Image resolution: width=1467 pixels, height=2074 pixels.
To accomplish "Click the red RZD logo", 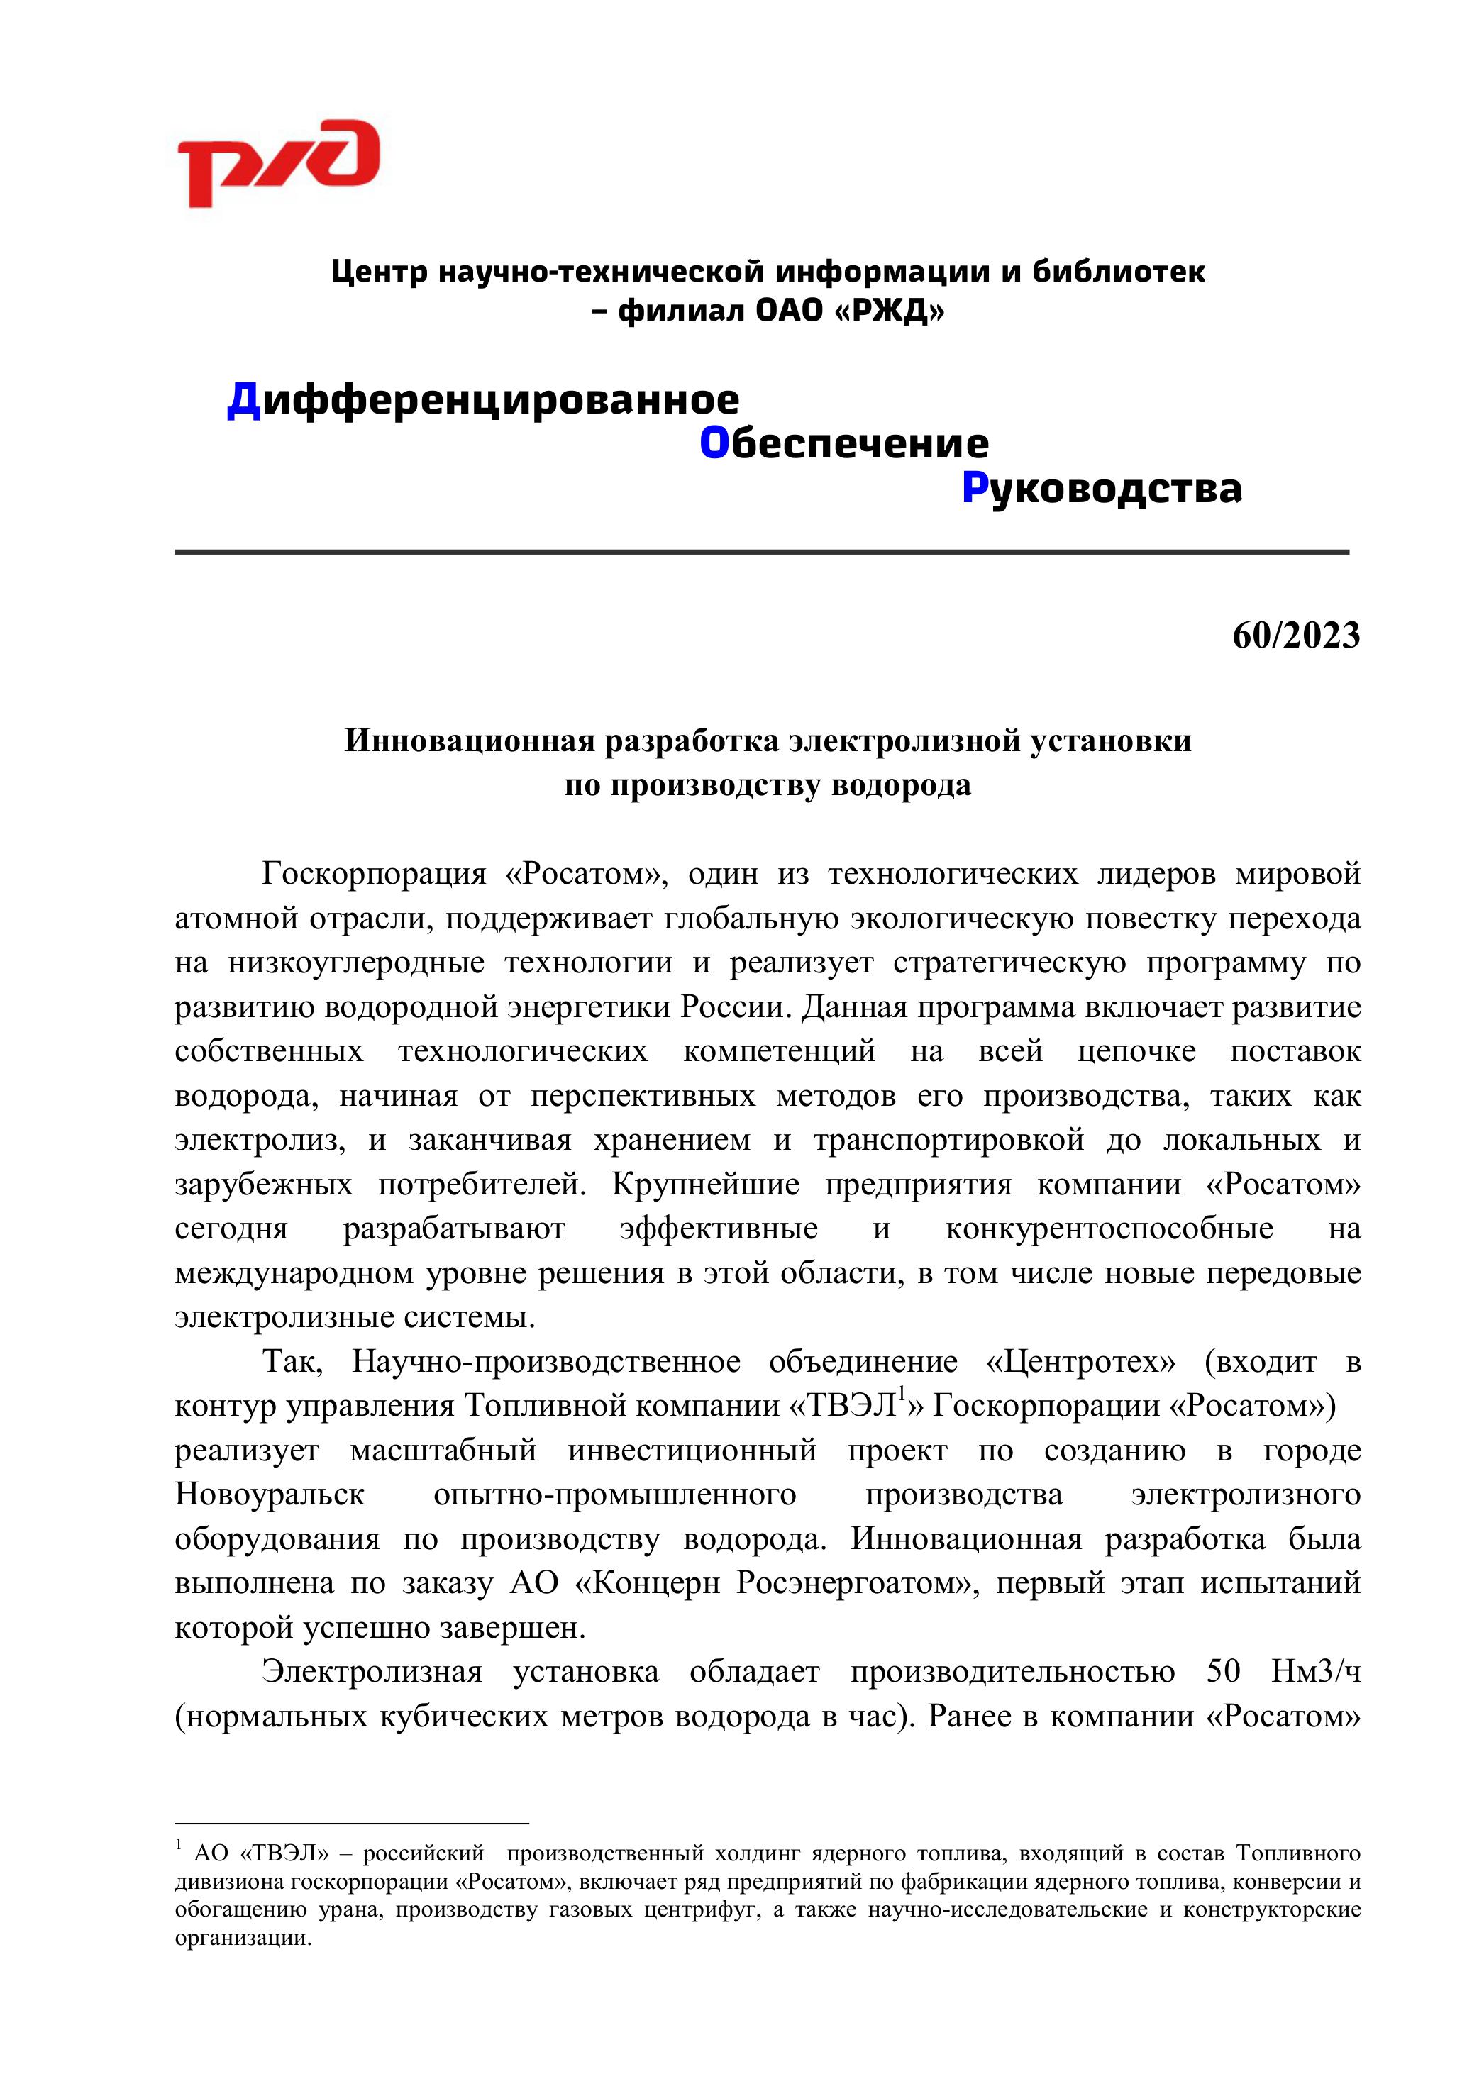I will tap(277, 162).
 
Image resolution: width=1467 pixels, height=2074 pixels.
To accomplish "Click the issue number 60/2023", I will tap(1295, 636).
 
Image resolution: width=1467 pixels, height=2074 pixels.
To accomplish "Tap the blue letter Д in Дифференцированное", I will tap(244, 400).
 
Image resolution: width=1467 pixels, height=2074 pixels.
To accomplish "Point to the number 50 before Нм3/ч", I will tap(1223, 1671).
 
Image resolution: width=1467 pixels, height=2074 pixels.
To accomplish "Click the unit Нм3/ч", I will tap(1315, 1671).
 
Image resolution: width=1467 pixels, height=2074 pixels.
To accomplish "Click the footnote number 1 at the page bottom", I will tap(179, 1845).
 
